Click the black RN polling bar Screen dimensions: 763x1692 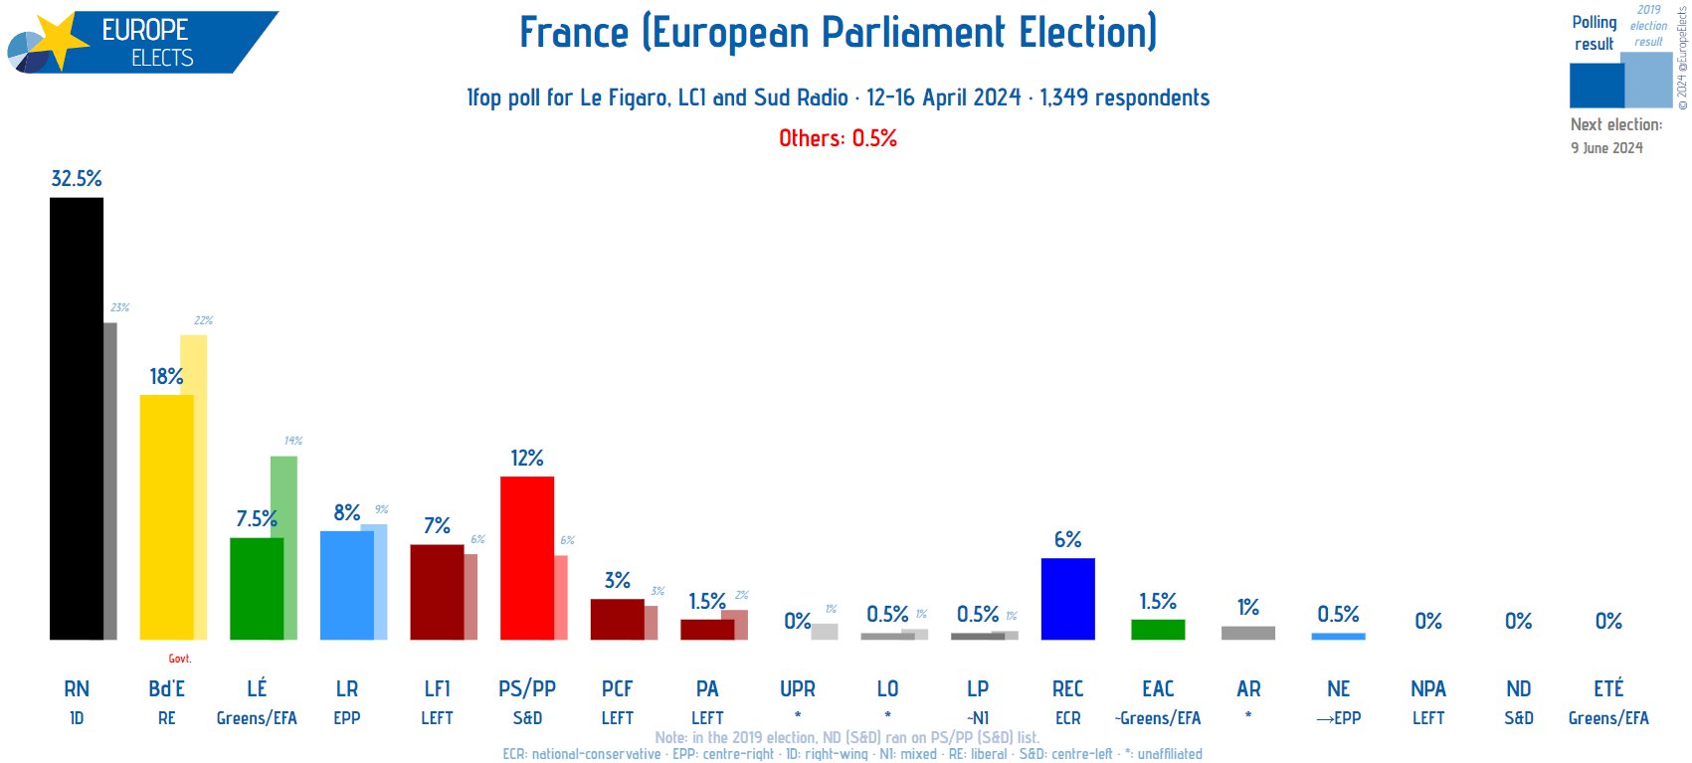click(77, 418)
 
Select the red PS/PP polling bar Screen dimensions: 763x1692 click(527, 557)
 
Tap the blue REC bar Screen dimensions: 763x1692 click(1067, 599)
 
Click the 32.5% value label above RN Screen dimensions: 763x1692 click(77, 179)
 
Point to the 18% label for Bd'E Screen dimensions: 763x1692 click(166, 377)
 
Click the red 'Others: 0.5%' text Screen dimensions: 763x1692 click(838, 138)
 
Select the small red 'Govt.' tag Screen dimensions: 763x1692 click(180, 659)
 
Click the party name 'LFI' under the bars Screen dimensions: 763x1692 click(437, 688)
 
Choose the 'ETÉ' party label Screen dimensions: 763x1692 click(1608, 688)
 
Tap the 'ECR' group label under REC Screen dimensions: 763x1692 click(1067, 718)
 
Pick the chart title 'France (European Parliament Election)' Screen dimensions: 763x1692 click(838, 33)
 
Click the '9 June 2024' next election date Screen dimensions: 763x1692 click(1606, 148)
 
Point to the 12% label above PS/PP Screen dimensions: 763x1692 click(527, 459)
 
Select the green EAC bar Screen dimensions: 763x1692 click(1158, 630)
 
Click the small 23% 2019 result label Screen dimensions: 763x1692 click(120, 308)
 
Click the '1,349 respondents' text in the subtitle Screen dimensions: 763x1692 click(1124, 97)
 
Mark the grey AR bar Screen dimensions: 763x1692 click(1248, 633)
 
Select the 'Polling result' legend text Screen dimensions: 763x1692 click(1594, 33)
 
